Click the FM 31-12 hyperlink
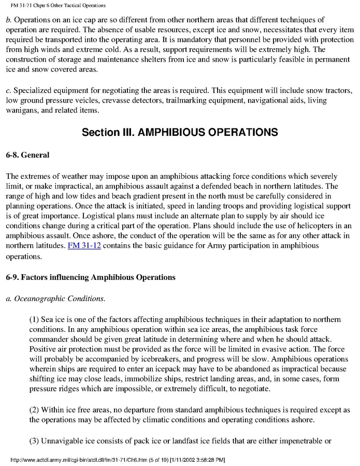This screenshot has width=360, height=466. tap(84, 245)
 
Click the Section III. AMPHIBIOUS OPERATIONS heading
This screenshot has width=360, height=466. tap(180, 132)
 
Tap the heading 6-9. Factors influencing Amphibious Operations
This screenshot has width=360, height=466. tap(91, 277)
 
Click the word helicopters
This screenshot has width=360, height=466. tap(299, 226)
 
